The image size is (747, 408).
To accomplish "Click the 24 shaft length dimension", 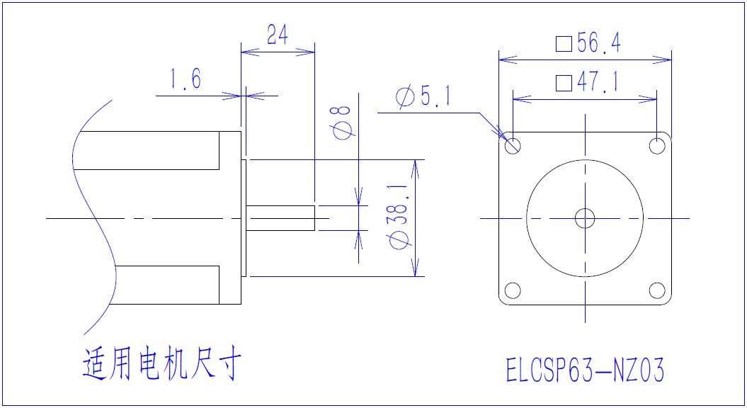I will pyautogui.click(x=278, y=35).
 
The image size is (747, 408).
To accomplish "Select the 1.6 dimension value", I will pyautogui.click(x=186, y=79).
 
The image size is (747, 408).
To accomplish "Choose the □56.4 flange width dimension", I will pyautogui.click(x=588, y=44).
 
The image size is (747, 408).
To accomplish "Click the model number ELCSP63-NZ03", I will pyautogui.click(x=585, y=370).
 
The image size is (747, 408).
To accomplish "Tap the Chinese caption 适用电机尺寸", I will pyautogui.click(x=162, y=365).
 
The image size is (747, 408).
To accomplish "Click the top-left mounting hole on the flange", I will pyautogui.click(x=513, y=146).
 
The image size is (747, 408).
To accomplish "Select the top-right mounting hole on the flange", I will pyautogui.click(x=658, y=146).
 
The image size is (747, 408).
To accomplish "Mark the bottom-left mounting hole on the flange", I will pyautogui.click(x=513, y=290).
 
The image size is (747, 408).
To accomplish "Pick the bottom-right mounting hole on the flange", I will pyautogui.click(x=658, y=290).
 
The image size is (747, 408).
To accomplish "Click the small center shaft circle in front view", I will pyautogui.click(x=586, y=218).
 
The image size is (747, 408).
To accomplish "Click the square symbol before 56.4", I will pyautogui.click(x=564, y=45).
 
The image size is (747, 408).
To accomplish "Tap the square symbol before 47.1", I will pyautogui.click(x=564, y=84).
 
